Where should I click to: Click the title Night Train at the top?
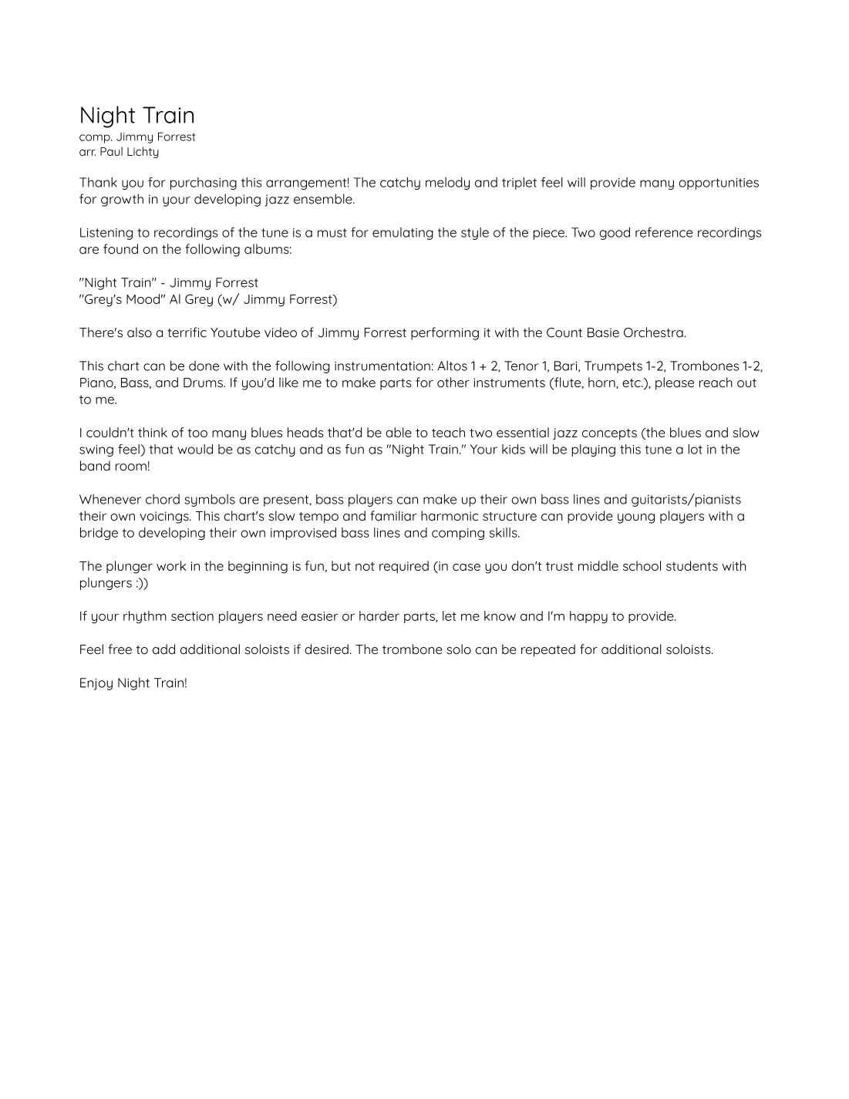click(x=136, y=115)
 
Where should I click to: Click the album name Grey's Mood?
click(x=117, y=299)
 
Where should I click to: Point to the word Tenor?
click(x=522, y=366)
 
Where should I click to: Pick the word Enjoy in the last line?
click(x=96, y=683)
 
